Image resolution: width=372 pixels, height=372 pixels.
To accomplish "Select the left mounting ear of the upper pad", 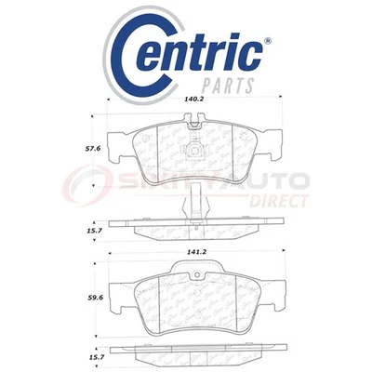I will (118, 146).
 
